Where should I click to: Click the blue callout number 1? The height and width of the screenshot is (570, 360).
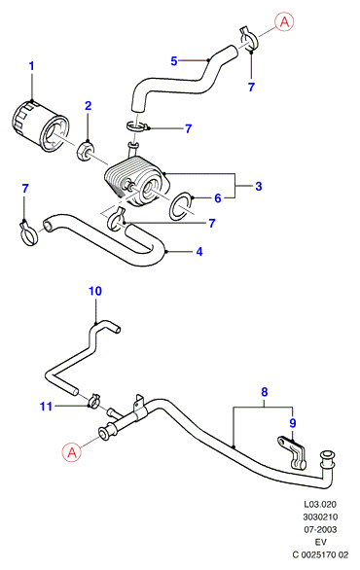click(x=32, y=66)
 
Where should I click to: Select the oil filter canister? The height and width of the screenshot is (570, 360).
click(x=39, y=126)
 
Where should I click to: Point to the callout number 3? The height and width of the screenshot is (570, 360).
click(x=258, y=186)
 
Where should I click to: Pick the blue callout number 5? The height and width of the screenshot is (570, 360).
click(x=174, y=61)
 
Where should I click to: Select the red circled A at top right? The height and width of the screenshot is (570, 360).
click(x=284, y=22)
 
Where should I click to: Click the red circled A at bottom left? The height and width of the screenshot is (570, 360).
click(x=72, y=452)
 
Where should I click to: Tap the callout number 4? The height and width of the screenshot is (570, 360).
click(x=199, y=252)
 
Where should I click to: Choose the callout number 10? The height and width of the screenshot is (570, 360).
click(x=95, y=291)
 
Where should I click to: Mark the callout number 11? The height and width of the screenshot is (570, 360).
click(x=46, y=406)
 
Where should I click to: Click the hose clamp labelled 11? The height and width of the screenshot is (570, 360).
click(x=93, y=401)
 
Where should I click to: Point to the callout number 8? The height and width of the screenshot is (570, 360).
click(x=265, y=392)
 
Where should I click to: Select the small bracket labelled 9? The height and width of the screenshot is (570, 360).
click(x=293, y=452)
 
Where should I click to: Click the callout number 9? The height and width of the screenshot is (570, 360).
click(x=293, y=423)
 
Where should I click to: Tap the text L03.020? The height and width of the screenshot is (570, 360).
click(x=320, y=504)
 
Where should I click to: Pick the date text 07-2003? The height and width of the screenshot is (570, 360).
click(x=320, y=529)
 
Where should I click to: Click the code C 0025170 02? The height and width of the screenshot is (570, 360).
click(x=320, y=554)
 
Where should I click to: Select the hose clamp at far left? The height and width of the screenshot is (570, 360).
click(x=28, y=232)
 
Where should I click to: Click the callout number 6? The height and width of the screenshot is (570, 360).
click(x=217, y=198)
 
